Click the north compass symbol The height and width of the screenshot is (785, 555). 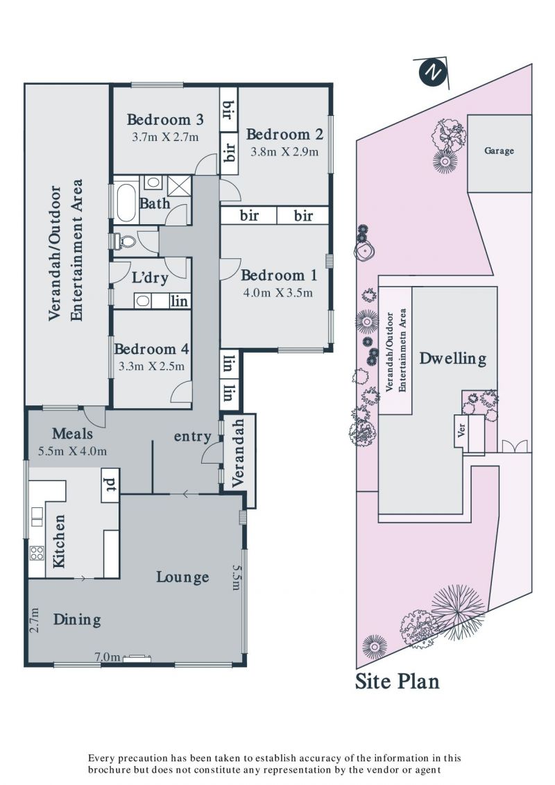pos(432,74)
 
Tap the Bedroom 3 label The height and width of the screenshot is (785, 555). pos(165,119)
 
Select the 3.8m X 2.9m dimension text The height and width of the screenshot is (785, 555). pos(284,152)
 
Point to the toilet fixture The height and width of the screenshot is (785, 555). pos(125,242)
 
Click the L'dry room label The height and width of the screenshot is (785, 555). pos(150,278)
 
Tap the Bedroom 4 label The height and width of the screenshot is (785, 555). pos(152,349)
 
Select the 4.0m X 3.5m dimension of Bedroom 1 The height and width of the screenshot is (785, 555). pos(277,293)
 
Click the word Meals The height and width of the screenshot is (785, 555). pos(73,434)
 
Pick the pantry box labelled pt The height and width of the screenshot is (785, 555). pos(110,485)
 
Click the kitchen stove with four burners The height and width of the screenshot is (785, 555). pos(37,553)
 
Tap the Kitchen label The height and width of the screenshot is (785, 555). pos(59,541)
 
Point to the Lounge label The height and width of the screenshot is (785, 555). pos(182,577)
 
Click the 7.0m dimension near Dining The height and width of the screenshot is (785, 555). pos(108,657)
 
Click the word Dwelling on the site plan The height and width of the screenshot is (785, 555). pos(453,358)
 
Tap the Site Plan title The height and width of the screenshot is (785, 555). pos(398,682)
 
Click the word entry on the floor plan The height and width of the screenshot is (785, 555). pos(193,437)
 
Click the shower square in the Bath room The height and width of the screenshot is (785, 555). pos(179,186)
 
